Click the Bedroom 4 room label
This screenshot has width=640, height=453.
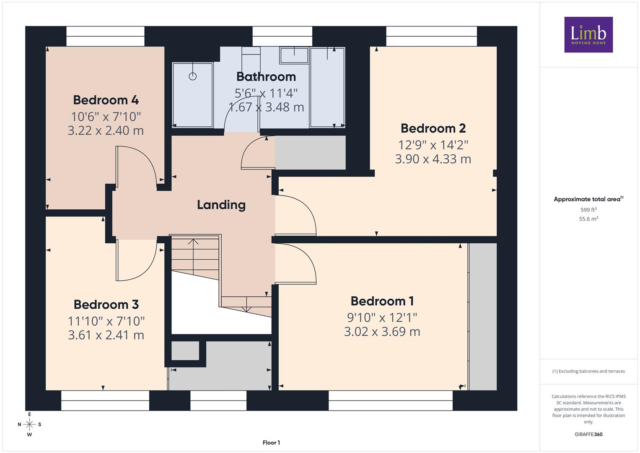[x=106, y=100]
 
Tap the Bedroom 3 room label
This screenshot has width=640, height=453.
[x=106, y=305]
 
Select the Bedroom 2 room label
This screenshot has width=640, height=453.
[x=433, y=128]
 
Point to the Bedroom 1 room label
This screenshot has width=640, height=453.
[x=382, y=301]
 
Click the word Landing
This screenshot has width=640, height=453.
[x=221, y=205]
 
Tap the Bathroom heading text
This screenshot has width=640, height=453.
[x=266, y=77]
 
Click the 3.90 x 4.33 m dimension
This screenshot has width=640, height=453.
[x=433, y=159]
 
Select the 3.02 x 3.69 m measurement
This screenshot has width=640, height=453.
[x=382, y=332]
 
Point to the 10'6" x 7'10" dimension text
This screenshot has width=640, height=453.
[x=106, y=117]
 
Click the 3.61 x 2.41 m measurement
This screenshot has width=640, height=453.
[x=106, y=335]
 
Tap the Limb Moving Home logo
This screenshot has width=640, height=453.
[x=588, y=34]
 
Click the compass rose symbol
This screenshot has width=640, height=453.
[x=29, y=424]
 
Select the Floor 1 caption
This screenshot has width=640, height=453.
[x=271, y=443]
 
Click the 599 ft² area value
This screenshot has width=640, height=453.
[x=588, y=210]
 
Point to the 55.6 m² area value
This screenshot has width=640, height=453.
[x=588, y=219]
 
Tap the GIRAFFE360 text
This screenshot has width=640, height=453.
[x=588, y=435]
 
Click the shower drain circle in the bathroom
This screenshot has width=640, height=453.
[x=192, y=76]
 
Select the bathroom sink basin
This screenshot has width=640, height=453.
[x=294, y=55]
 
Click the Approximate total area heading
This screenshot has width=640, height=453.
[x=588, y=199]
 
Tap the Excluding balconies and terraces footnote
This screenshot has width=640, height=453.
[x=588, y=371]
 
